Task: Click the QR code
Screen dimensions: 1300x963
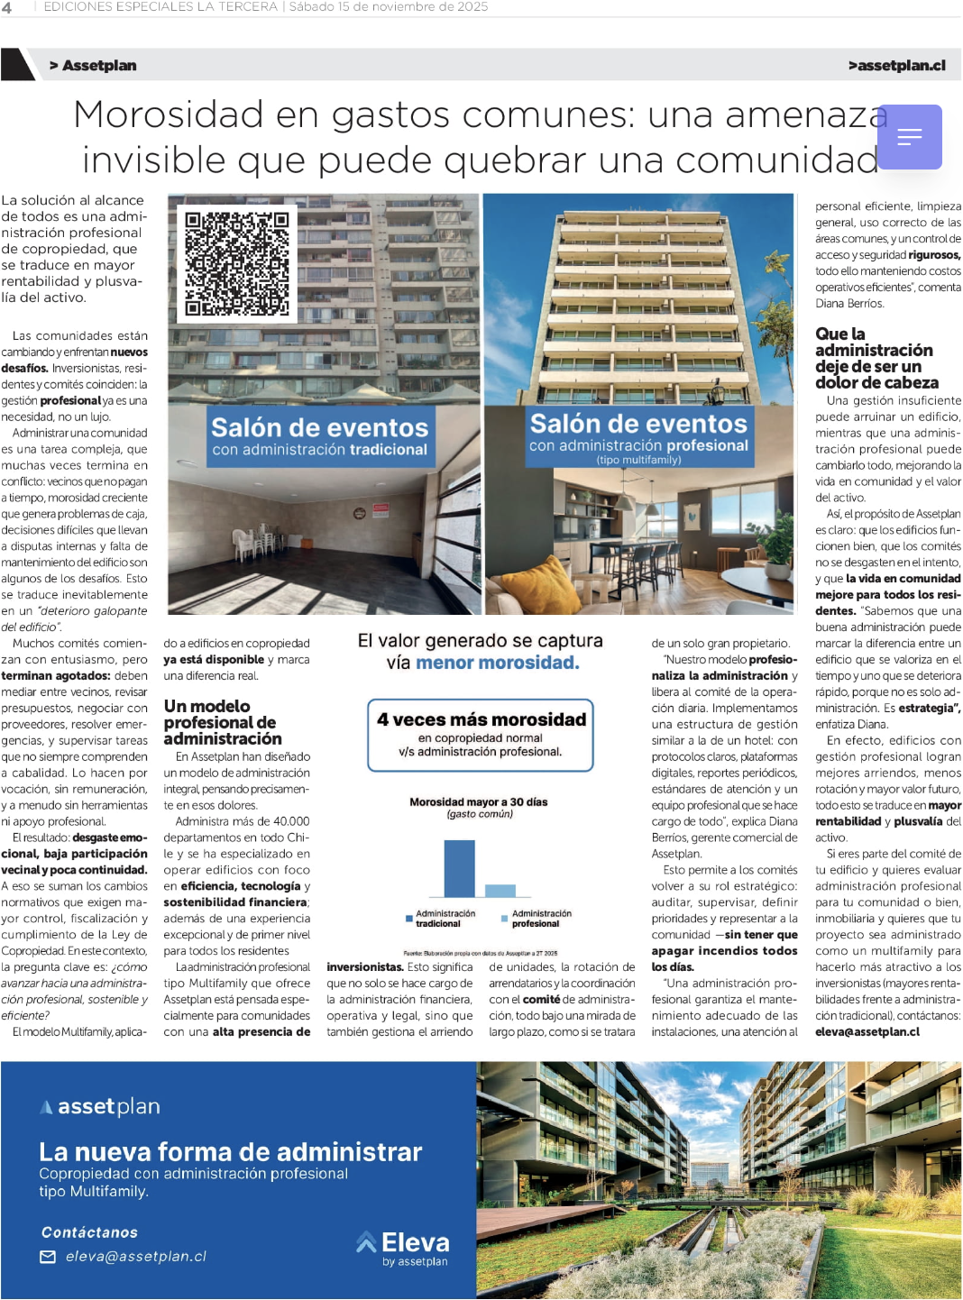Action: click(237, 263)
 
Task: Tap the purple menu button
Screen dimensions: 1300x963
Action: click(909, 137)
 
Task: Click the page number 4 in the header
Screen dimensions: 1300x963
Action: click(7, 7)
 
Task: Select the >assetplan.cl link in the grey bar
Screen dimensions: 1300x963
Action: click(896, 66)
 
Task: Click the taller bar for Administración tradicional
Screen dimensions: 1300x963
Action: click(460, 868)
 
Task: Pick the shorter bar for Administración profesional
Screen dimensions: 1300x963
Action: click(500, 890)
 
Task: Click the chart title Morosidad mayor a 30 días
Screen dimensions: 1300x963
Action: click(479, 801)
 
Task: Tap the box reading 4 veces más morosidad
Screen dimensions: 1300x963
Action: click(481, 735)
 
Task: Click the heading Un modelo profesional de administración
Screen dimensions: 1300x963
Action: click(222, 722)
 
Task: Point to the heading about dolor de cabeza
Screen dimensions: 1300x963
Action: click(876, 358)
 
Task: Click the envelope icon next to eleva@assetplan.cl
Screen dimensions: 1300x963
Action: click(48, 1257)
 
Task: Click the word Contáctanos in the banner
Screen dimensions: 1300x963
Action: click(89, 1232)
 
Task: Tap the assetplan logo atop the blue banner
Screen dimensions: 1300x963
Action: click(100, 1106)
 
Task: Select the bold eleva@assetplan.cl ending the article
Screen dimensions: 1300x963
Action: click(867, 1032)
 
